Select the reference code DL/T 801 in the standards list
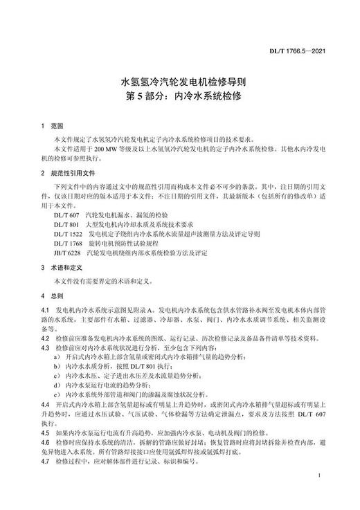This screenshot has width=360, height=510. [x=66, y=226]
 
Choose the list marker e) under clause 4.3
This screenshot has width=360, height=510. [x=55, y=391]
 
